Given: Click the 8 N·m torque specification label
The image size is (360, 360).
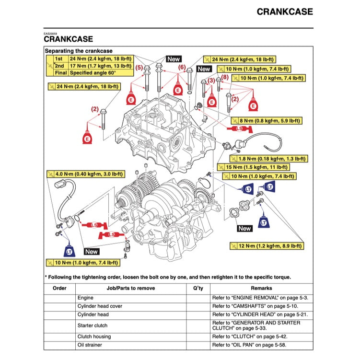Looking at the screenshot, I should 267,121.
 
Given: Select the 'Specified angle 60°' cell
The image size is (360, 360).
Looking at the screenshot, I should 93,73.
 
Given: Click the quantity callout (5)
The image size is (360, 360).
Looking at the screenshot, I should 139,68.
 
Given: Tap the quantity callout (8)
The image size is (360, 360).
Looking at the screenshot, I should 224,77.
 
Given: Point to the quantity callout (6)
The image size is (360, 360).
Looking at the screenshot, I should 181,68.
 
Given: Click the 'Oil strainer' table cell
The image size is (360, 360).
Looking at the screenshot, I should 89,345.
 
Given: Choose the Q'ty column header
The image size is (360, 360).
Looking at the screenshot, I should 198,288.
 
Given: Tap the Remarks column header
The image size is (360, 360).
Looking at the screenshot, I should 261,288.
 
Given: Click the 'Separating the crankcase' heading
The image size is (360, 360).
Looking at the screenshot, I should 79,50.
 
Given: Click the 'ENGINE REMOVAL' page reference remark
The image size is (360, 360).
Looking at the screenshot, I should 260,298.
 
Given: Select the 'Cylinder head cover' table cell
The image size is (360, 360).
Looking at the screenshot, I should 100,306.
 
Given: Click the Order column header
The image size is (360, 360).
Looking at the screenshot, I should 59,288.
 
